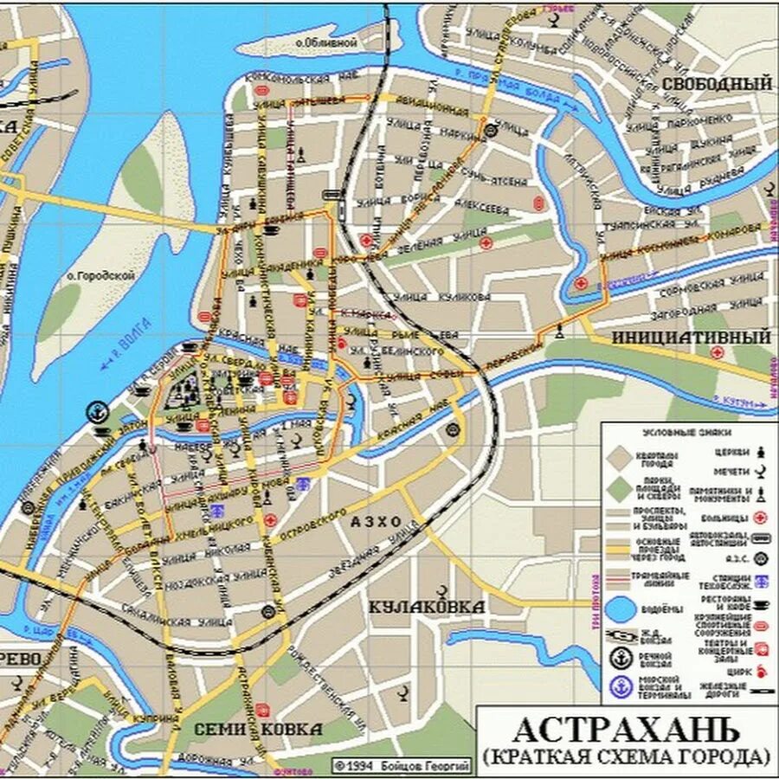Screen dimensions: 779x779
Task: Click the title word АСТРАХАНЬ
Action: tap(626, 729)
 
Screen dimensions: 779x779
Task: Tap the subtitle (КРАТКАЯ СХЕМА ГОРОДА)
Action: tap(626, 757)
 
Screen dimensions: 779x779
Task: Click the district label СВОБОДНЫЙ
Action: tap(716, 84)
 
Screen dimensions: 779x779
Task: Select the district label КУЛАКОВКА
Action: tap(427, 607)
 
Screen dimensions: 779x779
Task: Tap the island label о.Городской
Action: tap(100, 276)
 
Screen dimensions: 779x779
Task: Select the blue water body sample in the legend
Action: tap(620, 608)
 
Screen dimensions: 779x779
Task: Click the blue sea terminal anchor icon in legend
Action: tap(620, 687)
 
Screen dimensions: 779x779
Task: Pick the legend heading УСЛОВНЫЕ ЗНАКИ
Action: tap(686, 431)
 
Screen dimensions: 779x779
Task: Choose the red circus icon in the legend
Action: tap(761, 669)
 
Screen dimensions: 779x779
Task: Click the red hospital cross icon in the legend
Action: tap(762, 518)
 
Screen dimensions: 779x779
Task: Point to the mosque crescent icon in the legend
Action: tap(762, 473)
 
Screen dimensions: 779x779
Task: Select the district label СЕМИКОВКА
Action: tap(260, 730)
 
